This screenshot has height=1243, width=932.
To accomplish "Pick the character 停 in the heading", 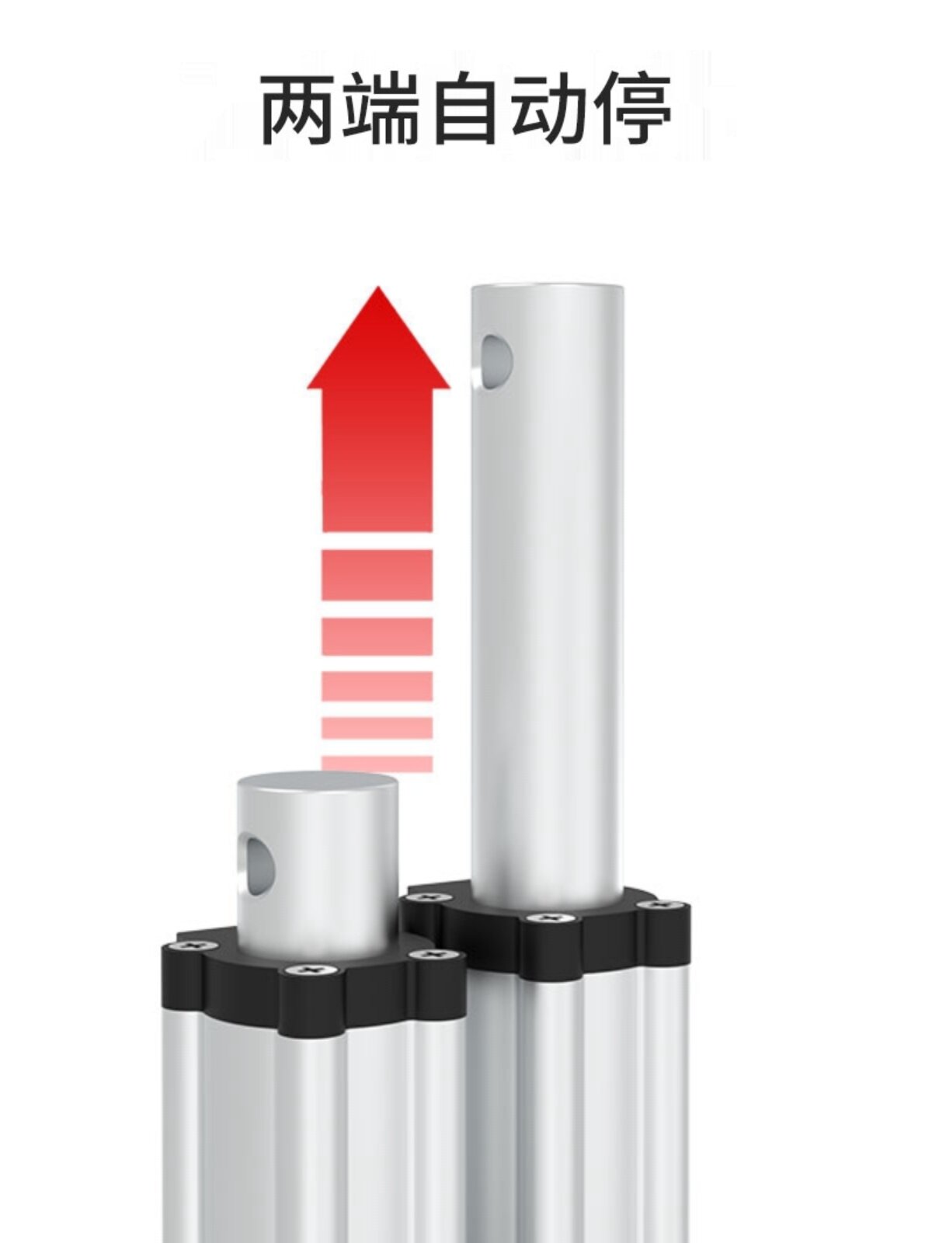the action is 632,107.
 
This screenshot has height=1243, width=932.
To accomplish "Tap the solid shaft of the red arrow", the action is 377,460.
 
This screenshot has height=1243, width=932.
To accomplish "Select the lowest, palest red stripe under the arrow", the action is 377,764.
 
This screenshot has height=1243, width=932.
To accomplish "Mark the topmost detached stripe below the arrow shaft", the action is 377,573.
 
